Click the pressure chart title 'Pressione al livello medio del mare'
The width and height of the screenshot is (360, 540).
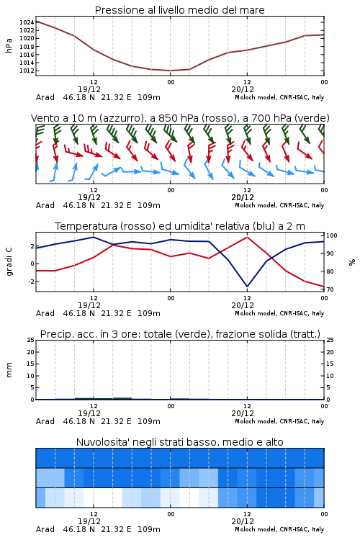coord(179,10)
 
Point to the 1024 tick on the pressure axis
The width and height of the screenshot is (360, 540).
coord(27,22)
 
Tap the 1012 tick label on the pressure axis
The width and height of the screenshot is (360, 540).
coord(27,71)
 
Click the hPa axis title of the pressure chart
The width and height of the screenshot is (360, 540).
coord(9,45)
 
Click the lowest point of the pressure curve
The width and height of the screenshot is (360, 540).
coord(170,71)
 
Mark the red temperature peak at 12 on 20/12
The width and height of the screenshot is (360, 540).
coord(247,237)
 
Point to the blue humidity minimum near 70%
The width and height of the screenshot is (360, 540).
coord(247,286)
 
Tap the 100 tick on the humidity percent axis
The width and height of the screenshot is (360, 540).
coord(332,235)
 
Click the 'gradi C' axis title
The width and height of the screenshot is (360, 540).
coord(9,261)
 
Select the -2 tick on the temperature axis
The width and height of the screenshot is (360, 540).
coord(31,282)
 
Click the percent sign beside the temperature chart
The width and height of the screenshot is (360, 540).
coord(352,262)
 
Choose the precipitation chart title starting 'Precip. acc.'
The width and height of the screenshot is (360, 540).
coord(180,334)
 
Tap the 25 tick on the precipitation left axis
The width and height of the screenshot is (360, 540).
coord(31,340)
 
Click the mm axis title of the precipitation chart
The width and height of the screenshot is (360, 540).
coord(9,370)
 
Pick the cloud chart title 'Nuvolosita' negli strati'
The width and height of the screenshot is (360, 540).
coord(179,442)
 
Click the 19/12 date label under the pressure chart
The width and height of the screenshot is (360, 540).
coord(89,89)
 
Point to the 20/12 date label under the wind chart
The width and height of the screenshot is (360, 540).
coord(243,197)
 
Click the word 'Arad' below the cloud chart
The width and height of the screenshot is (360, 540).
coord(45,529)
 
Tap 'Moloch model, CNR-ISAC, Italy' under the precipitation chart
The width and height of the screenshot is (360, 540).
coord(279,421)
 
